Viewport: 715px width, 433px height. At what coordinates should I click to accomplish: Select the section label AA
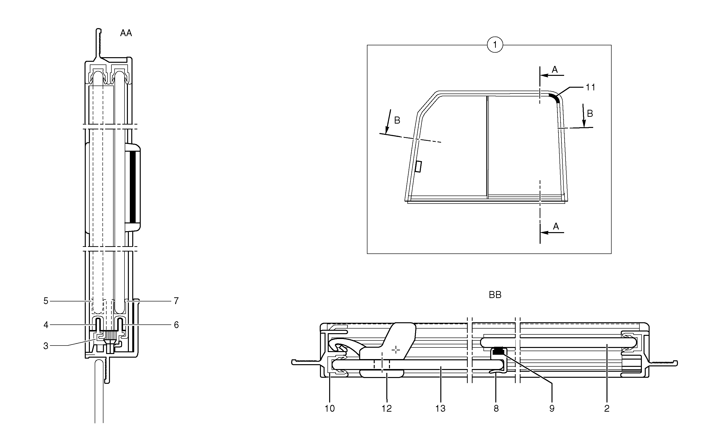(x=126, y=33)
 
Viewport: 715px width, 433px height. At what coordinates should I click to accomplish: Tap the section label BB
(x=495, y=295)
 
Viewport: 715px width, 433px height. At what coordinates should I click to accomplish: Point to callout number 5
(x=46, y=301)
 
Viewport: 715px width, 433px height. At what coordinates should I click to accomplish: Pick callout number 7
(x=176, y=301)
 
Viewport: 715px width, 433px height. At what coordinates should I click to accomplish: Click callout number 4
(x=46, y=325)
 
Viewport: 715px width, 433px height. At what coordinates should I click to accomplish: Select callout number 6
(x=176, y=325)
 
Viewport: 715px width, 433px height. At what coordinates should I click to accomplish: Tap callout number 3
(x=46, y=346)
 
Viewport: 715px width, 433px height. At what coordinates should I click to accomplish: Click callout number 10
(x=330, y=409)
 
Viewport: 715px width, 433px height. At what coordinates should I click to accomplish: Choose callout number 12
(x=387, y=409)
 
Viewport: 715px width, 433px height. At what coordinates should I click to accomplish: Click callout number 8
(x=496, y=409)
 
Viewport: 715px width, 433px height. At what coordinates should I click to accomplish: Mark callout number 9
(x=552, y=409)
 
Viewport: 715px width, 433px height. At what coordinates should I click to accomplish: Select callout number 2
(x=607, y=409)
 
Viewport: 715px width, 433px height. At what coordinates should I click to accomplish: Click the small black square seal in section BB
(x=498, y=351)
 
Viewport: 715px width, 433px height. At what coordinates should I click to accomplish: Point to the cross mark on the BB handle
(x=396, y=350)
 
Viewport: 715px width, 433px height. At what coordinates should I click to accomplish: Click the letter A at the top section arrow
(x=554, y=69)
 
